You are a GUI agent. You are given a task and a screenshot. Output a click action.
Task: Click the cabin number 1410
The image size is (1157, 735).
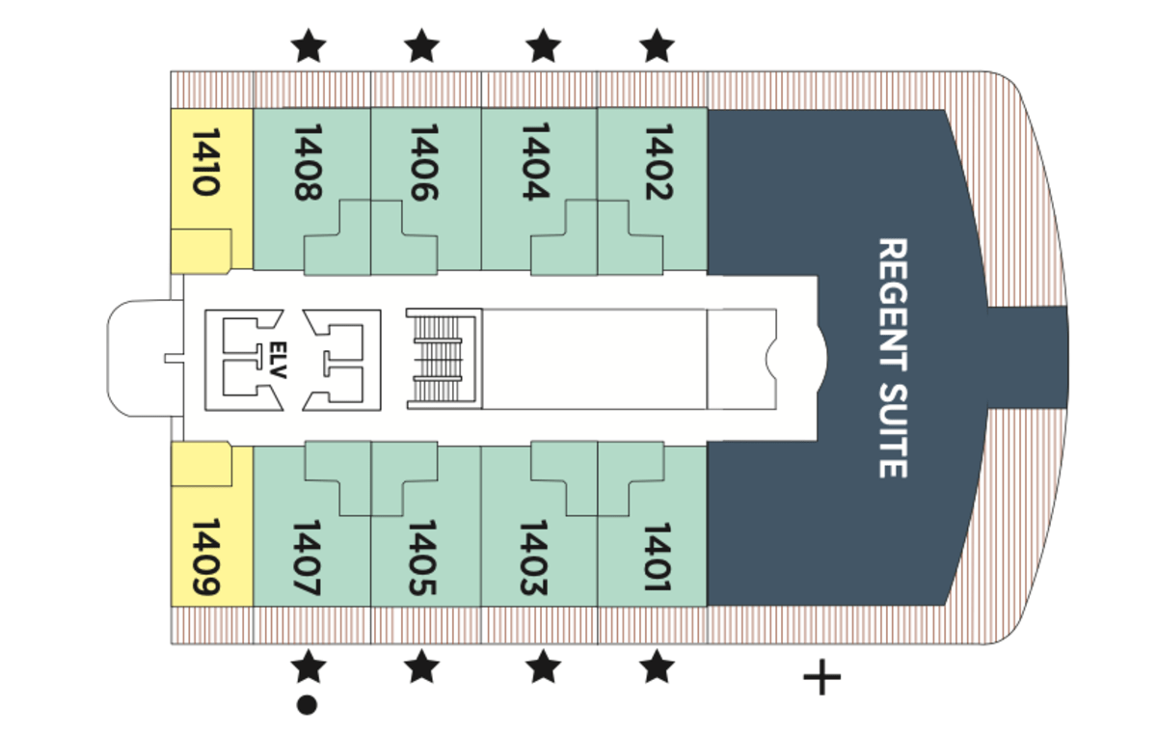(205, 163)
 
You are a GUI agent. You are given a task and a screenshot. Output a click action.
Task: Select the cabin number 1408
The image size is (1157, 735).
(307, 162)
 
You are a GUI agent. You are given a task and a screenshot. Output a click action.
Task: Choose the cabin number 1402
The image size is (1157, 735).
(657, 162)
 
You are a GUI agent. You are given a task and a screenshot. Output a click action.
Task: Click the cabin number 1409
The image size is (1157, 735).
(205, 558)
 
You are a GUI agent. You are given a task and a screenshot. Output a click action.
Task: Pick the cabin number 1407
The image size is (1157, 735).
(307, 558)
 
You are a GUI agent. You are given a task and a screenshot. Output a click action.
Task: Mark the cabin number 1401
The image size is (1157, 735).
(657, 558)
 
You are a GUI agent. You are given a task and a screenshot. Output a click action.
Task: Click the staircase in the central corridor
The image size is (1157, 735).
(443, 359)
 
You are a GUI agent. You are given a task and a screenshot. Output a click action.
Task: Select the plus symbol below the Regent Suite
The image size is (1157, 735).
(821, 678)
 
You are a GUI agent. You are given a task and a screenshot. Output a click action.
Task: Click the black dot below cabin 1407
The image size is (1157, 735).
(308, 706)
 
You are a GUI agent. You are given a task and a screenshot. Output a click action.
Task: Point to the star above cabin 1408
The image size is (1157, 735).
(308, 45)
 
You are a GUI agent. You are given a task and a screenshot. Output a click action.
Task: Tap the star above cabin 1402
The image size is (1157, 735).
(658, 45)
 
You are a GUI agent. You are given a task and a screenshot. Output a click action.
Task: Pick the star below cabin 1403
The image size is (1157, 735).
(544, 666)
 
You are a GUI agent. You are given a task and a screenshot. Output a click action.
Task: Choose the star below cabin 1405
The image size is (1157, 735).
(421, 666)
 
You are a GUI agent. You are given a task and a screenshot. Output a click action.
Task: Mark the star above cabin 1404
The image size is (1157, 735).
(544, 45)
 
